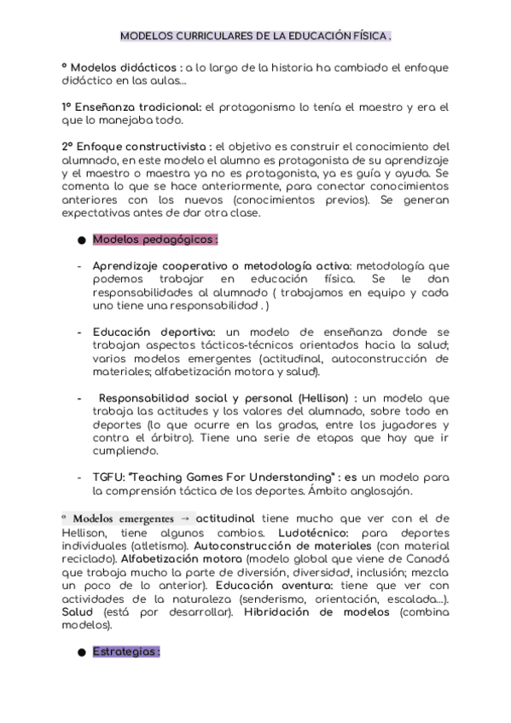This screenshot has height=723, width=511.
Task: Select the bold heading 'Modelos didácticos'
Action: coord(125,67)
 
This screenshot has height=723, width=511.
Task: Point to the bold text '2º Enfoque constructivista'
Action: coord(136,146)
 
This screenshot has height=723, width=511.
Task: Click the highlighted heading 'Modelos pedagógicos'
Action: coord(154,240)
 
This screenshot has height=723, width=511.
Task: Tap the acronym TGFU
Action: coord(107,477)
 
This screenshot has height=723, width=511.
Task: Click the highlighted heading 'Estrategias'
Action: coord(125,651)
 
